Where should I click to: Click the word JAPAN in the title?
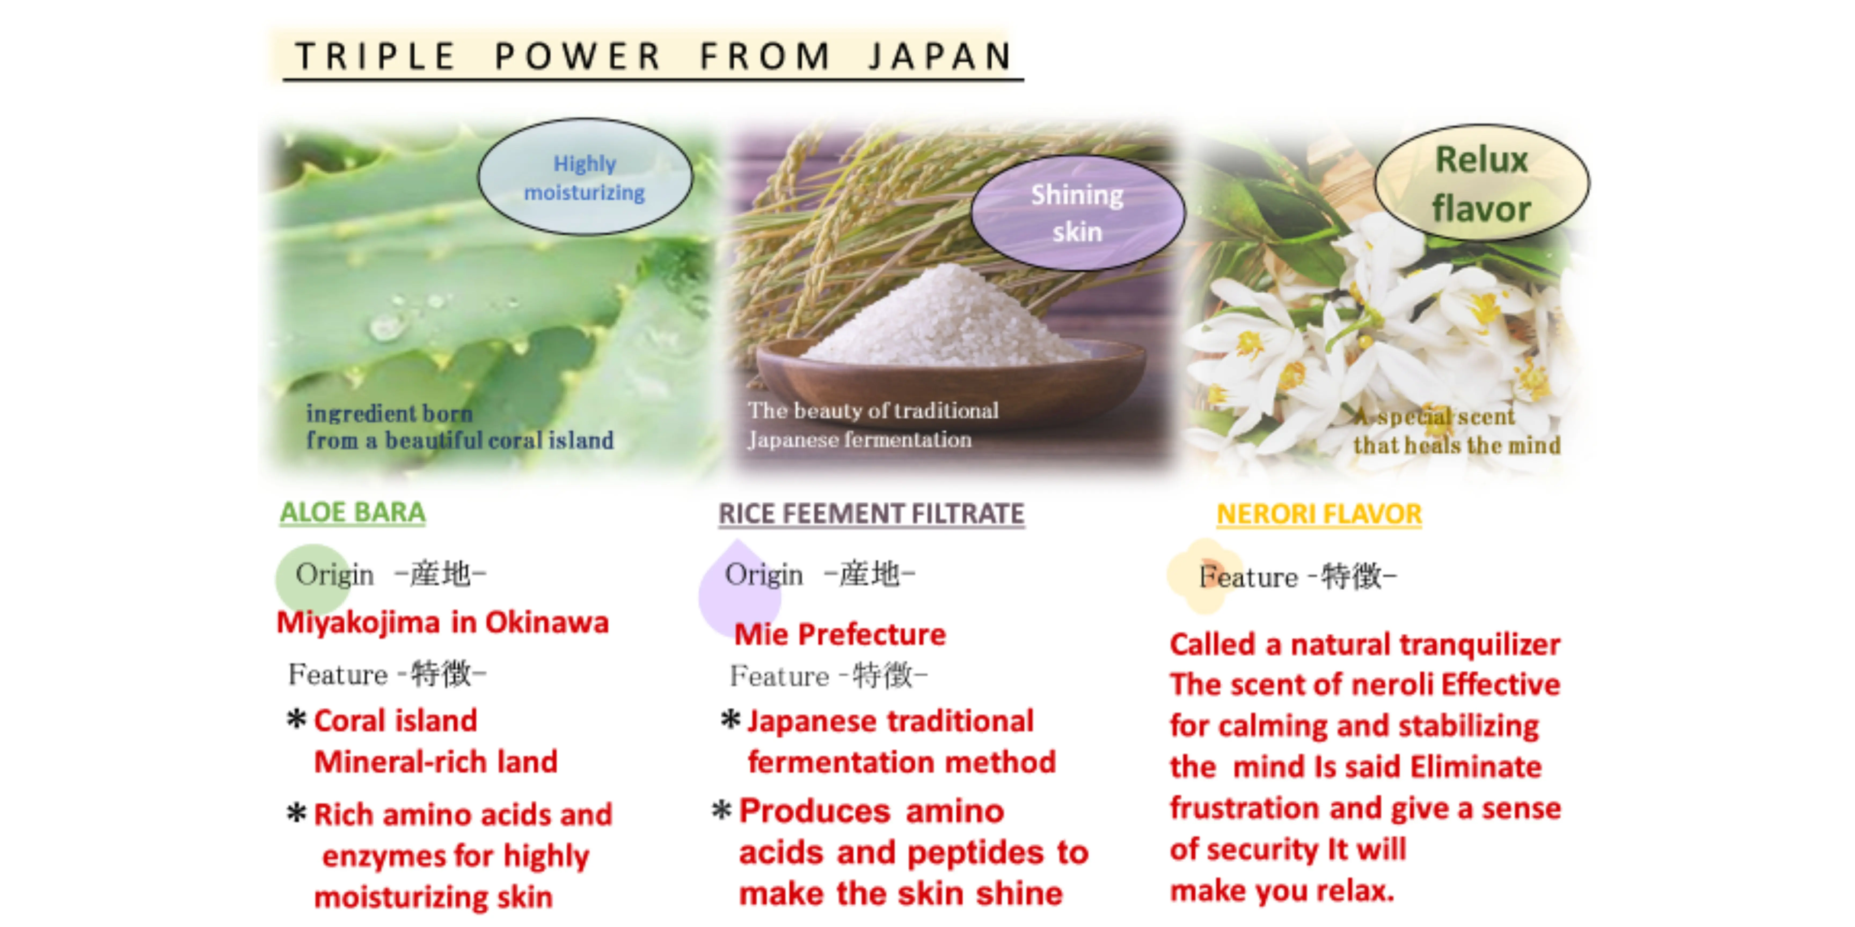940,56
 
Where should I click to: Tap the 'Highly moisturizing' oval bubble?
585,177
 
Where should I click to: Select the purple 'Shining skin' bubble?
1077,213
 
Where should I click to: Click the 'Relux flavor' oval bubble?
1481,183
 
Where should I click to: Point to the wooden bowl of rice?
951,374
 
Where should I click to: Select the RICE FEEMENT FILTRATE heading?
871,514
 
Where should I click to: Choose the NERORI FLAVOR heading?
1319,514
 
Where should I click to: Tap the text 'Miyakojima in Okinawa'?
442,623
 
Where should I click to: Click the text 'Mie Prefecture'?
840,634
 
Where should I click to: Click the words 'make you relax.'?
1282,891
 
